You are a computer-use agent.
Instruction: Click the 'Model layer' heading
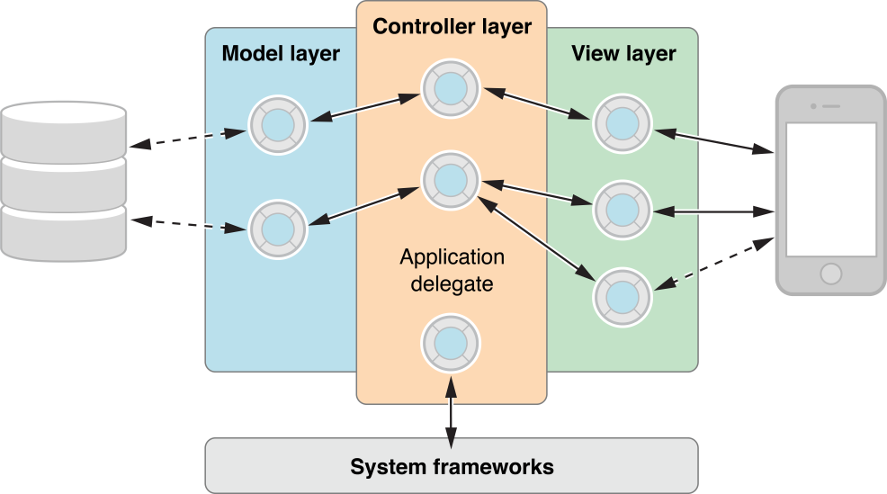[281, 54]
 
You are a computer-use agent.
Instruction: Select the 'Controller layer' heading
[452, 27]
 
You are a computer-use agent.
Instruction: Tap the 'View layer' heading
[623, 54]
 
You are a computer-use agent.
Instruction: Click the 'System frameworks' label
[452, 467]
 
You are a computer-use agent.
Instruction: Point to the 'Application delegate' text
[452, 271]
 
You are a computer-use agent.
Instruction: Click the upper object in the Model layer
[278, 124]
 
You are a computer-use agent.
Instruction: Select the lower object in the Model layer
[278, 229]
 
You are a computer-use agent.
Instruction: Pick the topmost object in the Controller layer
[452, 86]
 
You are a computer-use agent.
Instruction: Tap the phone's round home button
[831, 273]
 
